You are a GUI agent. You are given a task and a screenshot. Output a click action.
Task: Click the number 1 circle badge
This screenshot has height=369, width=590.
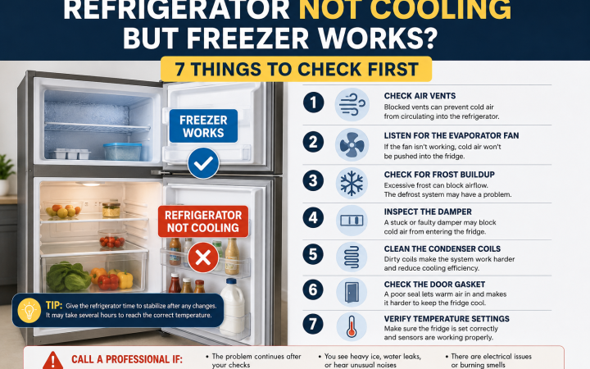pyautogui.click(x=313, y=102)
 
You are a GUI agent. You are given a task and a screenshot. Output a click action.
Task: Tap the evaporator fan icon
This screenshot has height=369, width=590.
pyautogui.click(x=352, y=144)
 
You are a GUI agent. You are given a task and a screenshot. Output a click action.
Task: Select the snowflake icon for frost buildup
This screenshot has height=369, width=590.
pyautogui.click(x=352, y=184)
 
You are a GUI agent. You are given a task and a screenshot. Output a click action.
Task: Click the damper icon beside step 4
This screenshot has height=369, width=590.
pyautogui.click(x=352, y=221)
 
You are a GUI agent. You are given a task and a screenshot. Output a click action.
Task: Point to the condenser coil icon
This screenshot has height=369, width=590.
pyautogui.click(x=352, y=257)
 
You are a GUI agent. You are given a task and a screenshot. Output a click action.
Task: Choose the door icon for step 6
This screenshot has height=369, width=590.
pyautogui.click(x=352, y=292)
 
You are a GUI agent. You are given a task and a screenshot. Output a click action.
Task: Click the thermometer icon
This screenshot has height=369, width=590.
pyautogui.click(x=352, y=326)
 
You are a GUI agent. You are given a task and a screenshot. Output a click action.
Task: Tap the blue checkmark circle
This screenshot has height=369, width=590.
pyautogui.click(x=203, y=163)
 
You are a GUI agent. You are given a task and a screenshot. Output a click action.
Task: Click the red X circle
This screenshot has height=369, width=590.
pyautogui.click(x=203, y=257)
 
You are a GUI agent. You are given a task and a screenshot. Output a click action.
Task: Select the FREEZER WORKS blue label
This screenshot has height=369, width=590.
pyautogui.click(x=203, y=126)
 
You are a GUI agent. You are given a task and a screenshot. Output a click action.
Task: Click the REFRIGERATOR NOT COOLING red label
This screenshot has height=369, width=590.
pyautogui.click(x=203, y=221)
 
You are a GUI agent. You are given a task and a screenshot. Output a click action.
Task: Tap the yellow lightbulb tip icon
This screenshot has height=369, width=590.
pyautogui.click(x=29, y=311)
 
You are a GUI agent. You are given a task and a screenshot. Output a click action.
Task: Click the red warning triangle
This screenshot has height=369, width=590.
pyautogui.click(x=53, y=361)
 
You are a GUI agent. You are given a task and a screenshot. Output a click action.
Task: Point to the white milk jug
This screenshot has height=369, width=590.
pyautogui.click(x=232, y=307)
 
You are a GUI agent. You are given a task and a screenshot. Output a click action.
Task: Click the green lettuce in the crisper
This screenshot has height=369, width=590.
pyautogui.click(x=68, y=277)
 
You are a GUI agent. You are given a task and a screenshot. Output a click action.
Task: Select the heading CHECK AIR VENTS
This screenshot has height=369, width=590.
pyautogui.click(x=420, y=96)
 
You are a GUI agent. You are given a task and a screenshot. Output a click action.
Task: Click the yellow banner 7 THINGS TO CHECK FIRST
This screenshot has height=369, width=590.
pyautogui.click(x=296, y=69)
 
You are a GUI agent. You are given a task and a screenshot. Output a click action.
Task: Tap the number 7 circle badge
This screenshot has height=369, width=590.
pyautogui.click(x=313, y=324)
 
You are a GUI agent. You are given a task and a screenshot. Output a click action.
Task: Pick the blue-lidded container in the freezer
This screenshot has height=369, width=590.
pyautogui.click(x=123, y=152)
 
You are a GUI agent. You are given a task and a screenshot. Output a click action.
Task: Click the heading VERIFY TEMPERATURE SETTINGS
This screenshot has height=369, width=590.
pyautogui.click(x=447, y=318)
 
